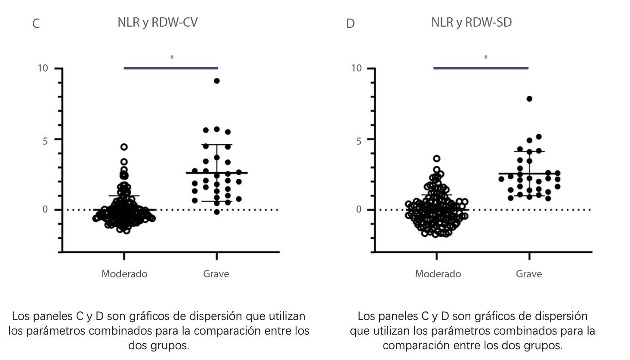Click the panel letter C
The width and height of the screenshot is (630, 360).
[36, 24]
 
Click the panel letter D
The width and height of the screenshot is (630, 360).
[350, 24]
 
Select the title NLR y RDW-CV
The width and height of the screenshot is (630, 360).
[157, 22]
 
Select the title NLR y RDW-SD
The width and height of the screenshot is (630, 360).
[472, 22]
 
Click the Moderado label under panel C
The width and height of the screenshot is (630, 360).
[124, 274]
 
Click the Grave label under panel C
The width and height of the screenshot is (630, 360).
[216, 274]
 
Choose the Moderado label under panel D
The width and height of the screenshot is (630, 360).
[438, 274]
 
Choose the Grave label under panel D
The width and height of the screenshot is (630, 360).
[529, 274]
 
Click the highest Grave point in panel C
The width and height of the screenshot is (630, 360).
[217, 81]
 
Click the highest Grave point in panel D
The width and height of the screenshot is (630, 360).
[529, 99]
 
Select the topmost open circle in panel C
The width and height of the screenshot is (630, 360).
[124, 147]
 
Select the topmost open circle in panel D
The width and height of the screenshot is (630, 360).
[436, 158]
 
